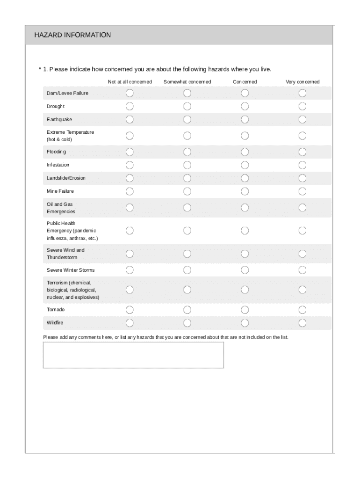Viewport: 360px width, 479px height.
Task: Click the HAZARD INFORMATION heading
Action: point(72,35)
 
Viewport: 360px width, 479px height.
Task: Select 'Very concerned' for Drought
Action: point(302,106)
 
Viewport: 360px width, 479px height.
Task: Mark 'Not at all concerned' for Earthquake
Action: point(130,119)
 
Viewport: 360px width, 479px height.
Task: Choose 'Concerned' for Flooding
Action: point(245,152)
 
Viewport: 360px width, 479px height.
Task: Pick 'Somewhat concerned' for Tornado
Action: point(187,310)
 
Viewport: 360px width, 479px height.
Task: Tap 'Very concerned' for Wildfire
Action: point(302,323)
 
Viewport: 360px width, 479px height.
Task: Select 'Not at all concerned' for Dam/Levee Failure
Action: point(130,93)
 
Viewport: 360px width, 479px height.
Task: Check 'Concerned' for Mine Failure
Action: point(245,191)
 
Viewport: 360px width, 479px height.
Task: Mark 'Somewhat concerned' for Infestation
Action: point(187,165)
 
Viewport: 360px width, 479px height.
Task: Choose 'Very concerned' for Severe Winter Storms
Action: point(302,270)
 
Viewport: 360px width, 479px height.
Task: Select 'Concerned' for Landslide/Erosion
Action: point(245,178)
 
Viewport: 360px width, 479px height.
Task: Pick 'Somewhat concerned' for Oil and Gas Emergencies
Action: point(187,207)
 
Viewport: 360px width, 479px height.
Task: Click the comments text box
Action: point(133,355)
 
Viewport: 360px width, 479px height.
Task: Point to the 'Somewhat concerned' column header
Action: point(187,82)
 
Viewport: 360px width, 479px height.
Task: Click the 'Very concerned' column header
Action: point(302,82)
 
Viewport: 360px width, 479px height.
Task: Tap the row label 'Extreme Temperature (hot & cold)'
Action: point(70,136)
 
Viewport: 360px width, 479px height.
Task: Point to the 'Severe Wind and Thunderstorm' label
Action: point(65,254)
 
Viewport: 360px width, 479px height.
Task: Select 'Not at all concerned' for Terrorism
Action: point(130,290)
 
